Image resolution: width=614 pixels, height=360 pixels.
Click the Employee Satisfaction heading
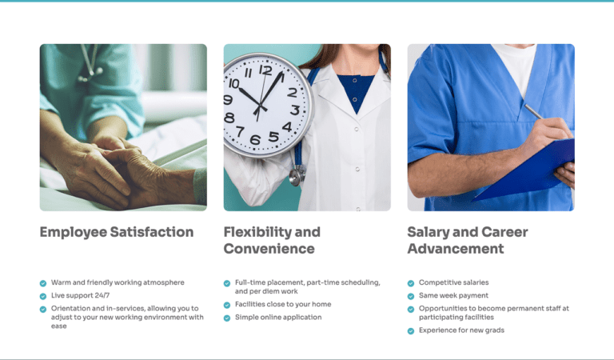(x=117, y=232)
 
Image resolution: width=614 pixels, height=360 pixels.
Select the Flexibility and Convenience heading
(x=272, y=240)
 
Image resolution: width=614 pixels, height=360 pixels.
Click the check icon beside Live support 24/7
(x=43, y=296)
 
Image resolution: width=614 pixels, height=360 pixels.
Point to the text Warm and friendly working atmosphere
(x=118, y=282)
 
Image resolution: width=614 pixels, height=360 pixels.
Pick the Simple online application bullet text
(x=278, y=318)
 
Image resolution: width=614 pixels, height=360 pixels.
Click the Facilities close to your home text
(x=283, y=305)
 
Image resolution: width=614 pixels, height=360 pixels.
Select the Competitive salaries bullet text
(x=453, y=282)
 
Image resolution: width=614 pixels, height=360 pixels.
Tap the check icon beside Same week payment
(x=411, y=296)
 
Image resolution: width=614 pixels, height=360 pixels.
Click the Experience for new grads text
(x=461, y=330)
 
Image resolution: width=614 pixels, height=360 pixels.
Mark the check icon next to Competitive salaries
(x=411, y=283)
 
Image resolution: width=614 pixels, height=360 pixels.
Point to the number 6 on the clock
(x=255, y=140)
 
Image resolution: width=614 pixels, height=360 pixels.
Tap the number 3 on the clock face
(x=294, y=110)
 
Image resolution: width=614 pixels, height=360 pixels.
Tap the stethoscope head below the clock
(x=297, y=175)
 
